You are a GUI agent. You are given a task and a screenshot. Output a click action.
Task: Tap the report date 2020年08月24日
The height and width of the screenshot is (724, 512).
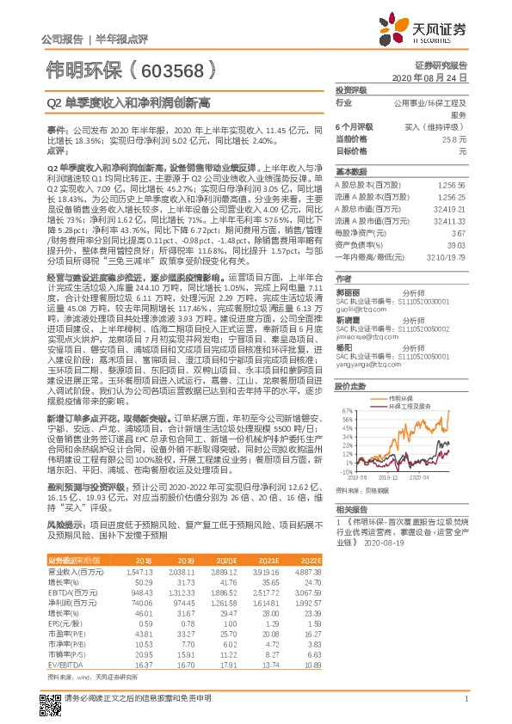point(435,77)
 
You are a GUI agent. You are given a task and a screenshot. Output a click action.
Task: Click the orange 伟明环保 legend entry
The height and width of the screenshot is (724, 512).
point(399,398)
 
